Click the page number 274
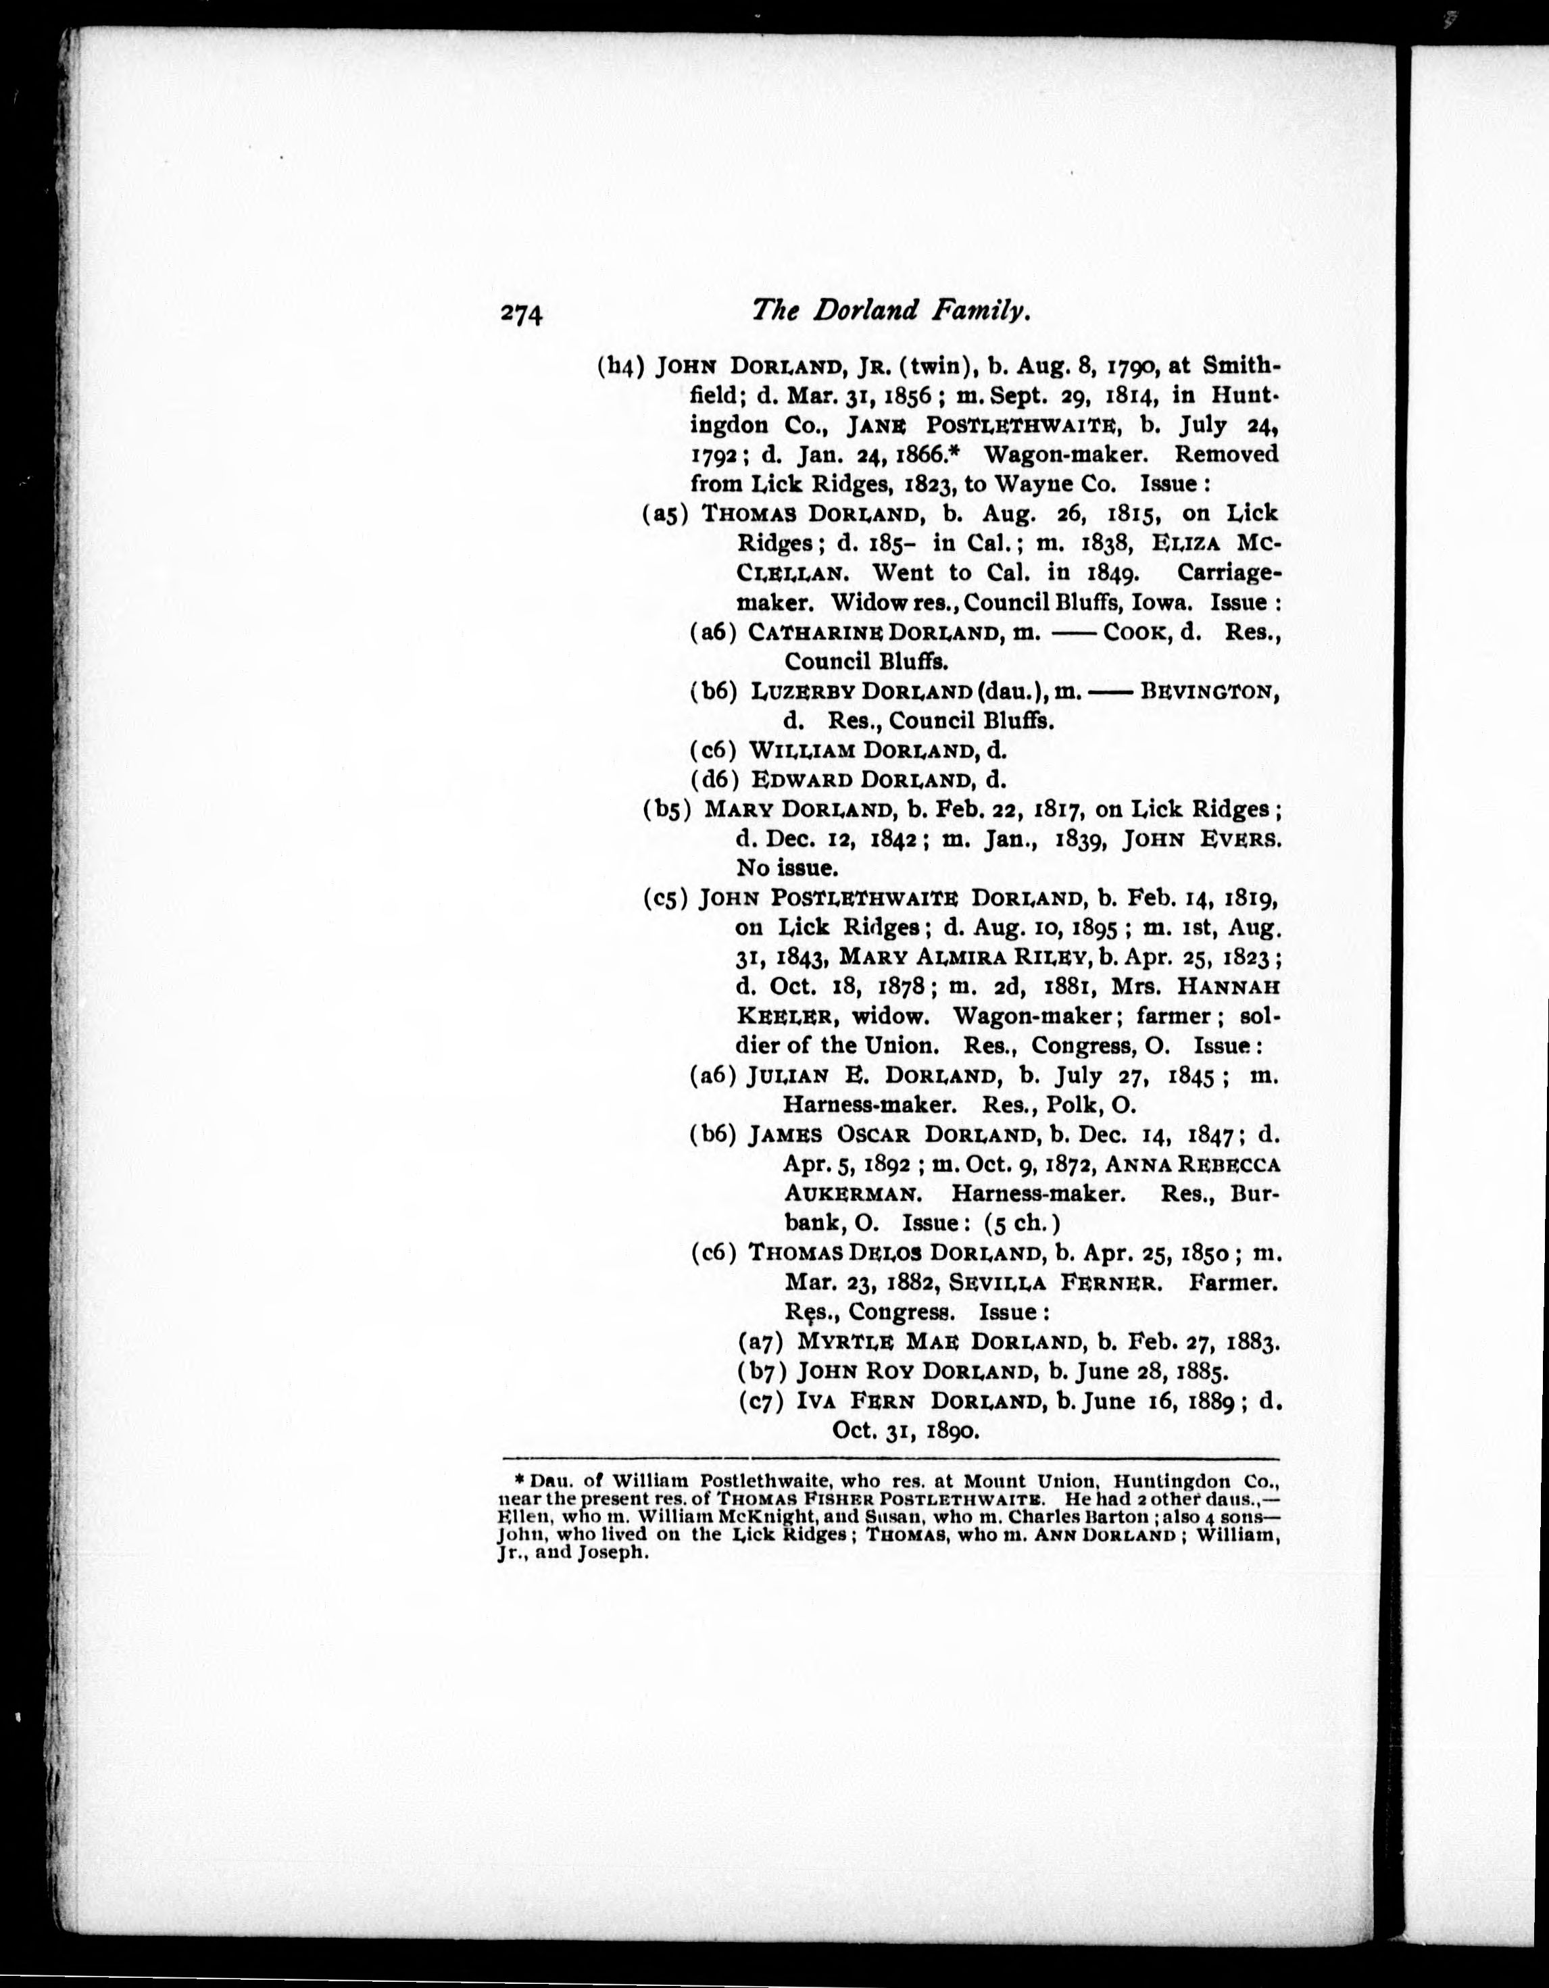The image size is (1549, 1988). point(521,314)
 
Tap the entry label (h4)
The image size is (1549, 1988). point(621,366)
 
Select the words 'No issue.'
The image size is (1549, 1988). point(787,868)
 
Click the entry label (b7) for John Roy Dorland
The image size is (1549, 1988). point(761,1371)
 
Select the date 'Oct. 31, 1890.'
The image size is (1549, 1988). point(905,1430)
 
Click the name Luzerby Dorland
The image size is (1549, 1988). point(862,692)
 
